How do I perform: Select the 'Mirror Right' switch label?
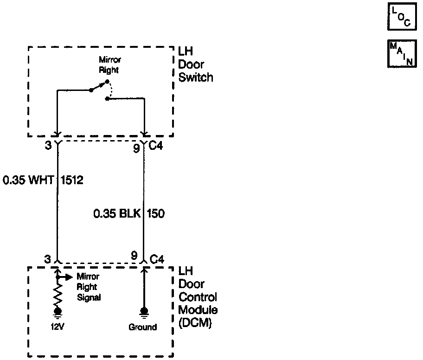coord(109,65)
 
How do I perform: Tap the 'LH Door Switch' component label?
coord(196,64)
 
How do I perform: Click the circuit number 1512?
coord(72,180)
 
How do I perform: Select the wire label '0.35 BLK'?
coord(117,214)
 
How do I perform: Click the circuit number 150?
coord(156,214)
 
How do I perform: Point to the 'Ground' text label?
coord(142,327)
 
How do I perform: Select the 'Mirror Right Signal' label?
coord(88,287)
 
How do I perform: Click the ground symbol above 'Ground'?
coord(144,312)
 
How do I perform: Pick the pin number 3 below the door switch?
coord(47,148)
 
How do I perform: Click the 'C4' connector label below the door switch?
coord(156,148)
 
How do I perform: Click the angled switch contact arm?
coord(99,86)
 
